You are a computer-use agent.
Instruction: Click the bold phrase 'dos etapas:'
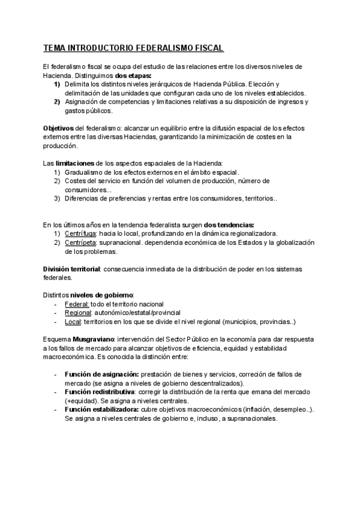coord(133,76)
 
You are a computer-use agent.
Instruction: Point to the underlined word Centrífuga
coord(80,233)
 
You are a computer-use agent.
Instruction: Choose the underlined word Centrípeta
coord(80,242)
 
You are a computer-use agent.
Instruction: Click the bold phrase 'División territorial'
coord(71,268)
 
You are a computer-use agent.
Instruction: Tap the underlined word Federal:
coord(77,304)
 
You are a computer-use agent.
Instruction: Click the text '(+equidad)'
coord(82,400)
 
